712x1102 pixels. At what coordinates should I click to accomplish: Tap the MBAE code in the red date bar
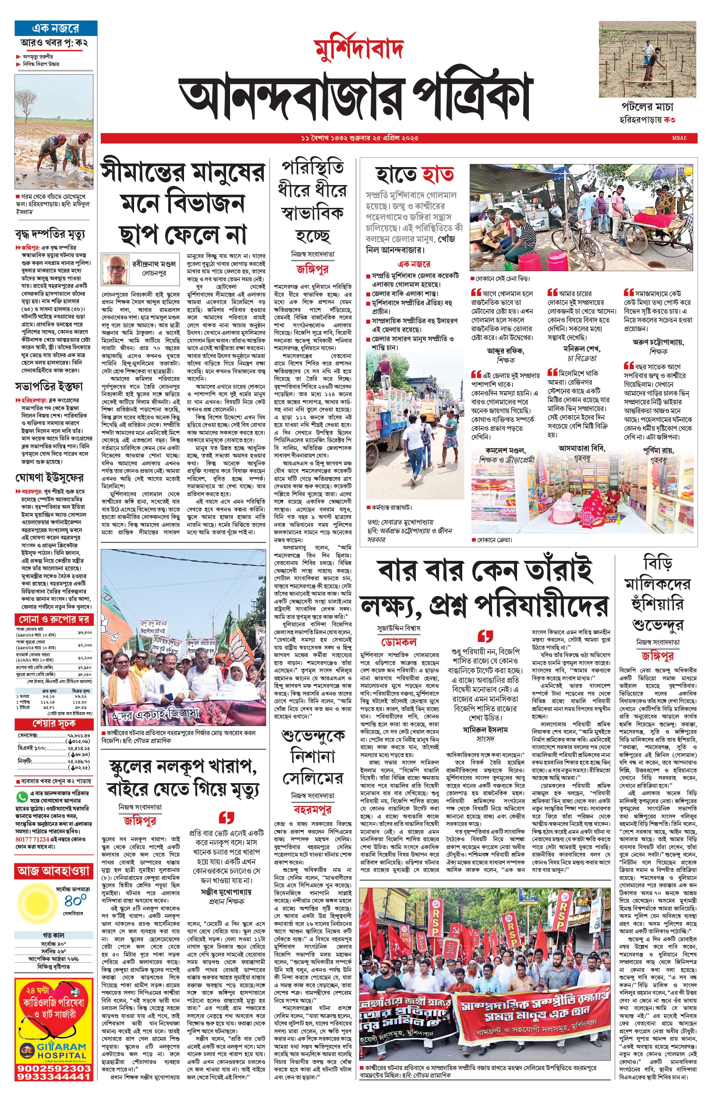click(x=679, y=138)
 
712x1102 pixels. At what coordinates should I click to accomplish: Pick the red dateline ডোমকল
click(x=399, y=642)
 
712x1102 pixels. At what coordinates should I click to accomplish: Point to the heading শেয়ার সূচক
click(x=53, y=724)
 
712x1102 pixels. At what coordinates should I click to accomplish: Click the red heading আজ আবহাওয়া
click(x=53, y=871)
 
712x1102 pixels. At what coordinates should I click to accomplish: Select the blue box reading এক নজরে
click(x=56, y=28)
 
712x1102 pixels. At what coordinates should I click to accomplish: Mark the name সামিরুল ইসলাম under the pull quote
click(x=485, y=730)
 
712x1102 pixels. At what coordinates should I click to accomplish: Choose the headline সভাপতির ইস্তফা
click(x=49, y=386)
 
